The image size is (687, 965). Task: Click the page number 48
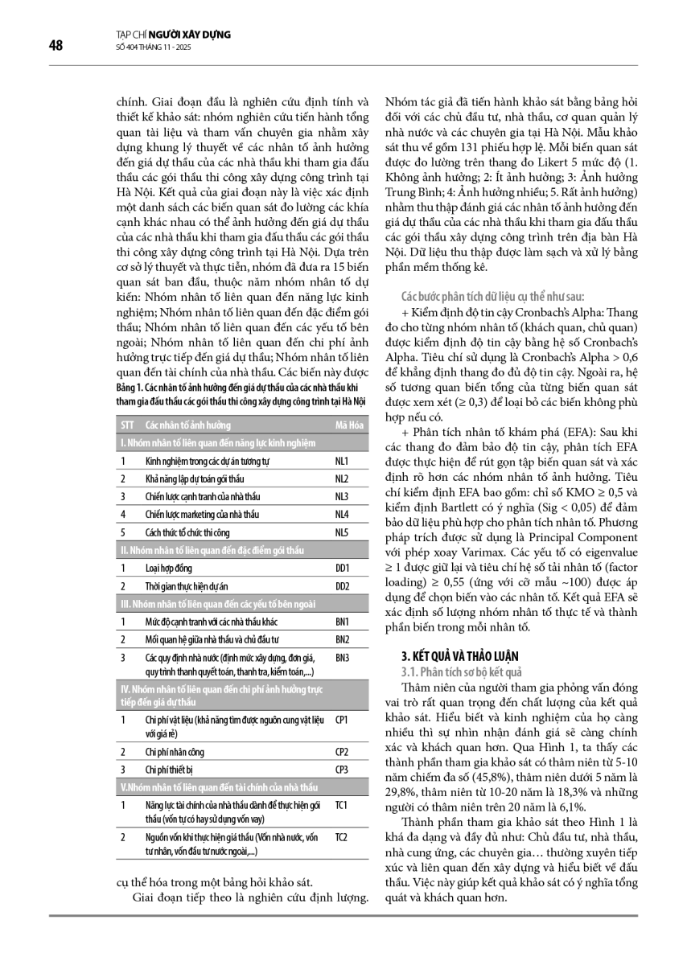click(56, 45)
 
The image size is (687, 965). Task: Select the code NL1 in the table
click(341, 461)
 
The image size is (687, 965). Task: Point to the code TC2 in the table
click(341, 837)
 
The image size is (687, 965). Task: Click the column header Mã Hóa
click(347, 425)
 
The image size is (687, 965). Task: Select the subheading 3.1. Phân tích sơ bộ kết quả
click(462, 671)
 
